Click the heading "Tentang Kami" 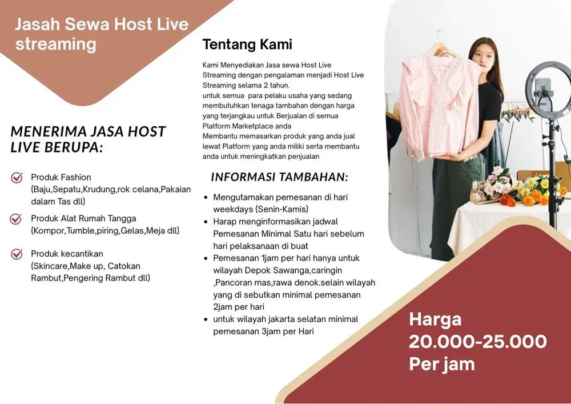pyautogui.click(x=247, y=44)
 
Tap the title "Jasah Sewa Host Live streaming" pyautogui.click(x=102, y=34)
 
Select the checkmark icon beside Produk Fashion pyautogui.click(x=17, y=178)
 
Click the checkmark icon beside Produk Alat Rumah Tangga pyautogui.click(x=17, y=219)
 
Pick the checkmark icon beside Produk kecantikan pyautogui.click(x=17, y=254)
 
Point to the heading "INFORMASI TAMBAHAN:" pyautogui.click(x=279, y=177)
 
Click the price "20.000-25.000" pyautogui.click(x=477, y=342)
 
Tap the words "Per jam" pyautogui.click(x=441, y=364)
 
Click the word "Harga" pyautogui.click(x=435, y=319)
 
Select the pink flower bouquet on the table pyautogui.click(x=490, y=186)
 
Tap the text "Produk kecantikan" pyautogui.click(x=67, y=254)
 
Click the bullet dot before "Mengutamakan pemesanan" pyautogui.click(x=206, y=197)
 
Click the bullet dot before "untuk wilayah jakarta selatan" pyautogui.click(x=206, y=319)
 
